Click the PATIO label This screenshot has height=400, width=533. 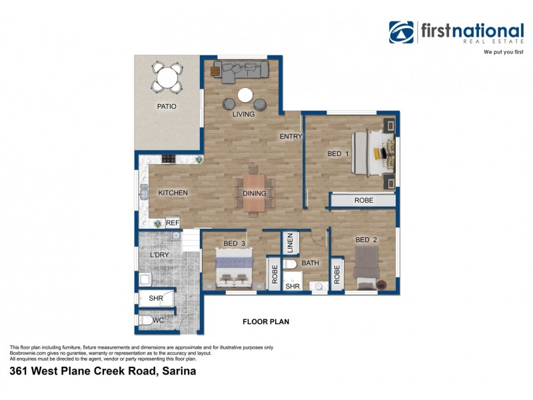click(167, 106)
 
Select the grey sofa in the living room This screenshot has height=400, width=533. click(241, 70)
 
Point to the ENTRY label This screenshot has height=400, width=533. click(290, 137)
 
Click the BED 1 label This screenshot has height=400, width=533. click(338, 154)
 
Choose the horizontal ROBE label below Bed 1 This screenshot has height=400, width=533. click(363, 200)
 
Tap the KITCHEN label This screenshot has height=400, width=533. click(173, 193)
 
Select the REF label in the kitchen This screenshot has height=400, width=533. click(173, 223)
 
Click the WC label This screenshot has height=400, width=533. click(157, 321)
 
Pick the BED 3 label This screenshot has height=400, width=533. click(235, 244)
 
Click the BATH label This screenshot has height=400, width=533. click(310, 263)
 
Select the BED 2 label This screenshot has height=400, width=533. click(366, 240)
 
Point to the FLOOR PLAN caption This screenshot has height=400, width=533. click(265, 321)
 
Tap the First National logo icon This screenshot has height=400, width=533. click(401, 32)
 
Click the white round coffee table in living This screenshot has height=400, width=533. click(245, 95)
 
